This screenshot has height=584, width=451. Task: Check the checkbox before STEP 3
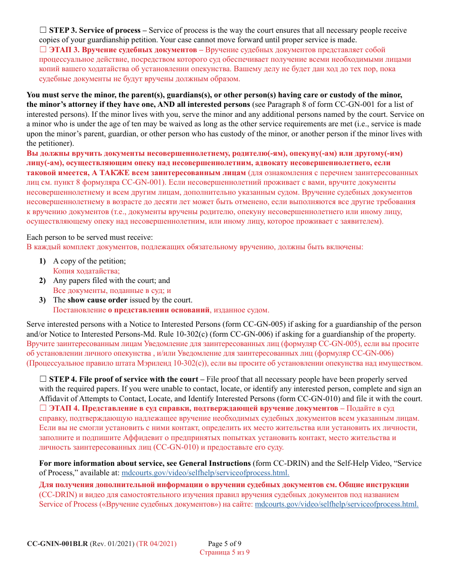(x=43, y=30)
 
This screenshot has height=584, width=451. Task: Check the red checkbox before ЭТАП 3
(x=43, y=49)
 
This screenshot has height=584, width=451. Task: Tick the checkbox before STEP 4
(x=43, y=379)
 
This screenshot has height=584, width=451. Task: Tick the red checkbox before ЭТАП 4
(x=43, y=408)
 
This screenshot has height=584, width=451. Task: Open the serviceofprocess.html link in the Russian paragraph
(x=337, y=504)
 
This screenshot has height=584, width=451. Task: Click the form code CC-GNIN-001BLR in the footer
(x=57, y=544)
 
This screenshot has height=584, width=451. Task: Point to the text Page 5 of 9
(x=228, y=544)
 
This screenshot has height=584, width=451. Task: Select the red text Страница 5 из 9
(x=225, y=552)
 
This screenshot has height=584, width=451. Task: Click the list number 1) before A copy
(x=43, y=261)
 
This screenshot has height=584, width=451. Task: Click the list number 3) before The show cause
(x=43, y=300)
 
